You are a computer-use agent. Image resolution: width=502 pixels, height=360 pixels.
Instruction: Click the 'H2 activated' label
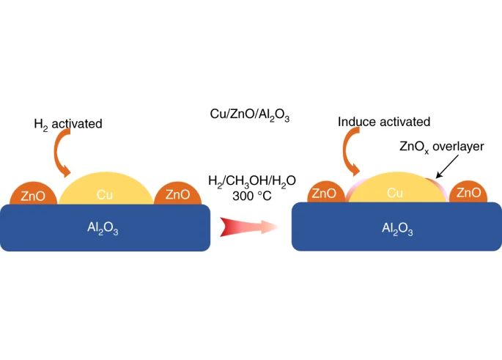point(67,124)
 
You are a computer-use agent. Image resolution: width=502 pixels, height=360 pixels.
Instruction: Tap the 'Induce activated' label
point(384,122)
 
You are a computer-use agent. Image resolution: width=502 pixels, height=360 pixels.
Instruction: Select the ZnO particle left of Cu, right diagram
point(324,193)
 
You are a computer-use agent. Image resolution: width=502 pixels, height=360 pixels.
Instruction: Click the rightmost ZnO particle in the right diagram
point(468,193)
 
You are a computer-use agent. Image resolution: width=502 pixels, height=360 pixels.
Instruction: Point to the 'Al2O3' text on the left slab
point(103,229)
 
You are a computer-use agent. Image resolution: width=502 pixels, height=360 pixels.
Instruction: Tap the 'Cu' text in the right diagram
point(396,194)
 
